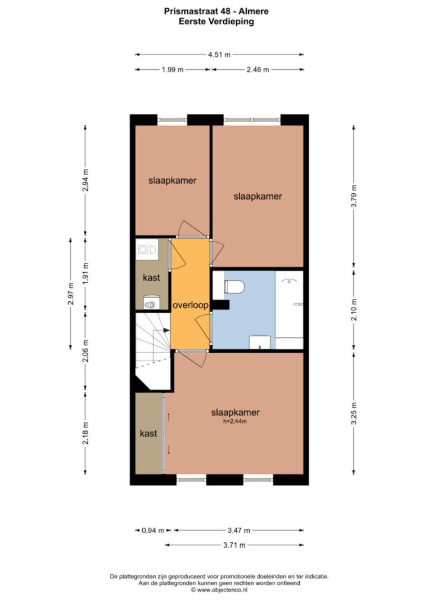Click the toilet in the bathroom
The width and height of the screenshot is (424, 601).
[x=234, y=286]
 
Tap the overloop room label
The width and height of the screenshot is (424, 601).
[x=191, y=305]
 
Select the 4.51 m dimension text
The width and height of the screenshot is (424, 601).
[x=219, y=55]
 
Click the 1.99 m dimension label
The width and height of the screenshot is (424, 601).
[x=173, y=69]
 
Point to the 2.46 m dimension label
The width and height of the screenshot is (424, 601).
[x=258, y=69]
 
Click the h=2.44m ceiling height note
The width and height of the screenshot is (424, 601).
[x=235, y=421]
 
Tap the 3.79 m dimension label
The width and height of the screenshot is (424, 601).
[x=354, y=196]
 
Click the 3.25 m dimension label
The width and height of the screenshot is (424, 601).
[x=354, y=413]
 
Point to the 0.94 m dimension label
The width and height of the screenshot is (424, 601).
[x=153, y=531]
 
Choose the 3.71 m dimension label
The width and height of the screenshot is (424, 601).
[x=234, y=545]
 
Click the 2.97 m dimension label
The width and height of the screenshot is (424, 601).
[x=70, y=293]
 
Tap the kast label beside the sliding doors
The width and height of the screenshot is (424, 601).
[x=148, y=434]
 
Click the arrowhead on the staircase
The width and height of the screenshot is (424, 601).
[x=166, y=330]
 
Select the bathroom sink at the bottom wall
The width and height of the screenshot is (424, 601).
[x=260, y=342]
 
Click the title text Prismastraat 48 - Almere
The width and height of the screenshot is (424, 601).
[x=216, y=11]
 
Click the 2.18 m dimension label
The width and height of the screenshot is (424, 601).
[x=85, y=433]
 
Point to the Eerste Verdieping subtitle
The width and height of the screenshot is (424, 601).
[x=216, y=21]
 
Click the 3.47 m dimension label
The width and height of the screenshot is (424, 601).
[x=239, y=531]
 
